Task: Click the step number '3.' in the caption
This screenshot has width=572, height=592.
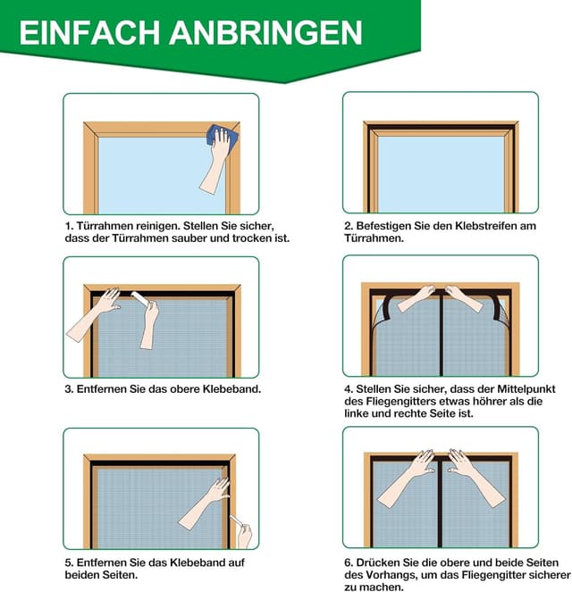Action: click(x=69, y=389)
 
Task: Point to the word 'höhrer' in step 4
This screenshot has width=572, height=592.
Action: click(x=491, y=403)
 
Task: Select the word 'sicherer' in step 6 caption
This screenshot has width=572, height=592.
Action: click(x=543, y=575)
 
